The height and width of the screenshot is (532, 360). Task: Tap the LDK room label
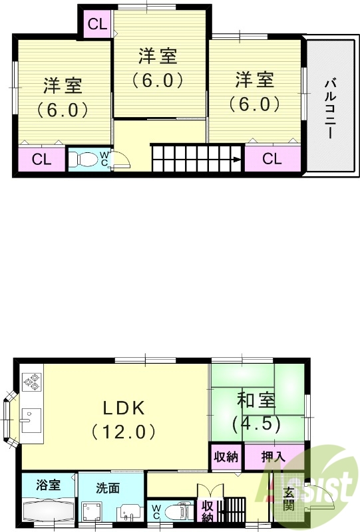click(x=124, y=407)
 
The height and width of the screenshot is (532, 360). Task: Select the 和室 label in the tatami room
click(x=256, y=400)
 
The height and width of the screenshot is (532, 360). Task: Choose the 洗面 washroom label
click(x=108, y=487)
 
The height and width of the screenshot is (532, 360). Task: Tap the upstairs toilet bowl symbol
click(x=84, y=160)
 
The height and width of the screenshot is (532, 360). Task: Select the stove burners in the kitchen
click(x=32, y=382)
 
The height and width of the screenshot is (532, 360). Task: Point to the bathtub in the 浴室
click(x=49, y=513)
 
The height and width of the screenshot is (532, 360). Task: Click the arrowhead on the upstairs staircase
click(x=237, y=160)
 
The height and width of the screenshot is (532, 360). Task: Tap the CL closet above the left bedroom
click(x=97, y=25)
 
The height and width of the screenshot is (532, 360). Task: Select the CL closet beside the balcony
click(x=271, y=159)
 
